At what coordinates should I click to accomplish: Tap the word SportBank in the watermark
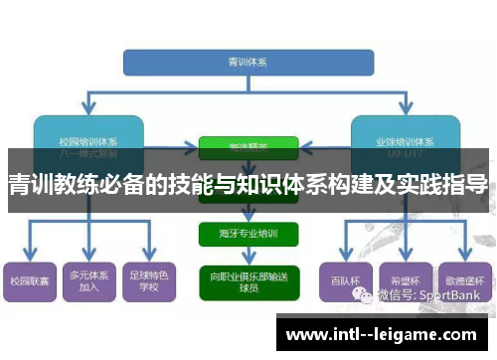click(x=458, y=294)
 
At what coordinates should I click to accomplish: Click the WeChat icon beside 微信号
click(x=369, y=294)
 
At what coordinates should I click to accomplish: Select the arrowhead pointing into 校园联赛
click(x=29, y=257)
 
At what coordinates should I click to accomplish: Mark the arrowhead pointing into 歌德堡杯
click(x=463, y=257)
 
